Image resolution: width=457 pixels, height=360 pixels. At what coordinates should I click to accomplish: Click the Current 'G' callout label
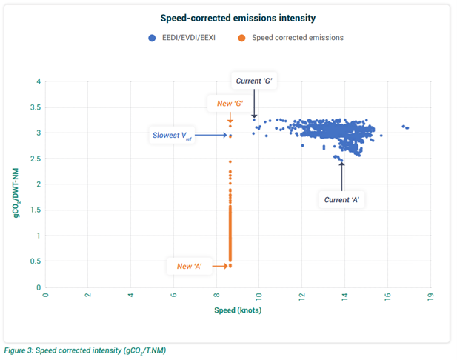coord(254,80)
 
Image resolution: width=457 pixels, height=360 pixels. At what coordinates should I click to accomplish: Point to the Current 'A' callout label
coord(342,199)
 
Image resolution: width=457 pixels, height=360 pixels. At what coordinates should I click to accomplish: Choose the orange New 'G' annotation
coord(230,103)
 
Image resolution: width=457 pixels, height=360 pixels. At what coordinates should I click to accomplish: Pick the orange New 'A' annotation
coord(191,265)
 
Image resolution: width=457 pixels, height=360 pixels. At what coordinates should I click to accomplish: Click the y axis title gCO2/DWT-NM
coord(14,184)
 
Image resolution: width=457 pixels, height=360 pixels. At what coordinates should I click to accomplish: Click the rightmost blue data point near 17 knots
coord(407,128)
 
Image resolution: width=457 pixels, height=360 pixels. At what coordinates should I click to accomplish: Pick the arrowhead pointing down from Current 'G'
coord(254,116)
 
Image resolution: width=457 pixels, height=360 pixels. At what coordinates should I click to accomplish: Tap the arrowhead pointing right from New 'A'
coord(226,265)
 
